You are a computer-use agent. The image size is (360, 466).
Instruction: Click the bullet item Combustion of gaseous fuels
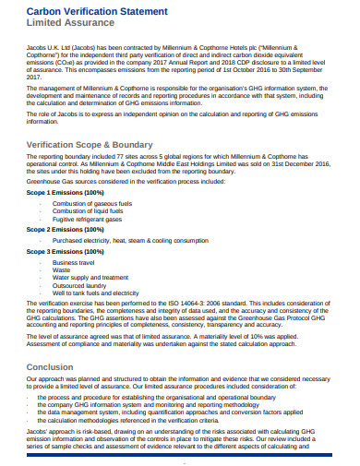pos(93,202)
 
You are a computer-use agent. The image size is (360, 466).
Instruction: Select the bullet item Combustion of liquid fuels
pos(89,210)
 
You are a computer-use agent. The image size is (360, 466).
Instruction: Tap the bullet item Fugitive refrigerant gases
pos(89,219)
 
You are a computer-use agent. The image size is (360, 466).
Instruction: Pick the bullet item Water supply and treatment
pos(90,277)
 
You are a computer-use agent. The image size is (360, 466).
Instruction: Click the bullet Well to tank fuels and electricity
pos(99,294)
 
